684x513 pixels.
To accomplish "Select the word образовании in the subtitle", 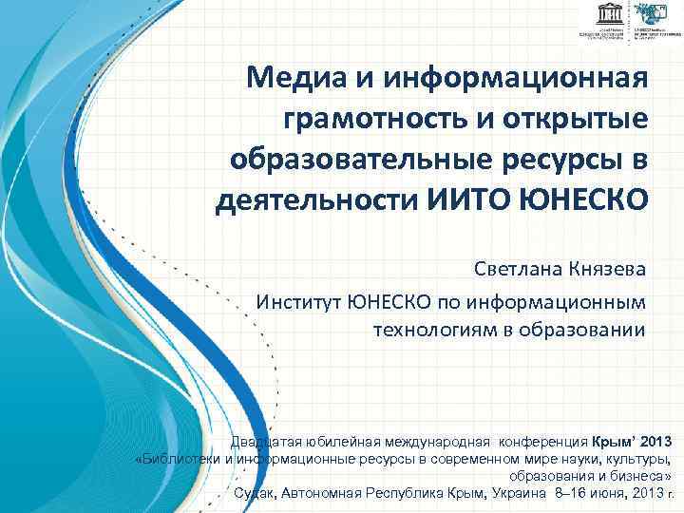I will [588, 330].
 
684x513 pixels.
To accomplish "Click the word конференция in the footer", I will [541, 442].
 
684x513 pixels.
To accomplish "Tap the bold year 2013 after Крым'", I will [655, 442].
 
